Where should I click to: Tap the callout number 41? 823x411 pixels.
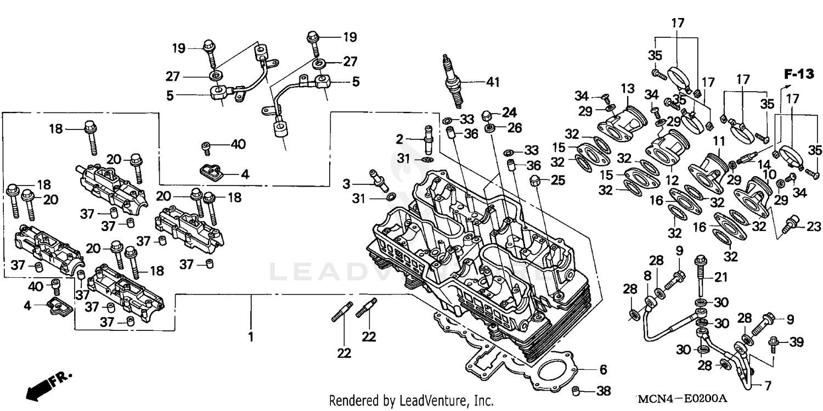[494, 82]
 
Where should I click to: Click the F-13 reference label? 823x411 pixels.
[798, 74]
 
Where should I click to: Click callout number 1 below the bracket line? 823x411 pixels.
[251, 337]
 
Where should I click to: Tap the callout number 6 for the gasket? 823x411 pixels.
[602, 369]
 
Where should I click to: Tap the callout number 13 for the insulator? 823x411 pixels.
[628, 89]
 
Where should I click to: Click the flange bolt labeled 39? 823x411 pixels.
[775, 341]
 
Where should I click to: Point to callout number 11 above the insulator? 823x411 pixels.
[719, 142]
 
